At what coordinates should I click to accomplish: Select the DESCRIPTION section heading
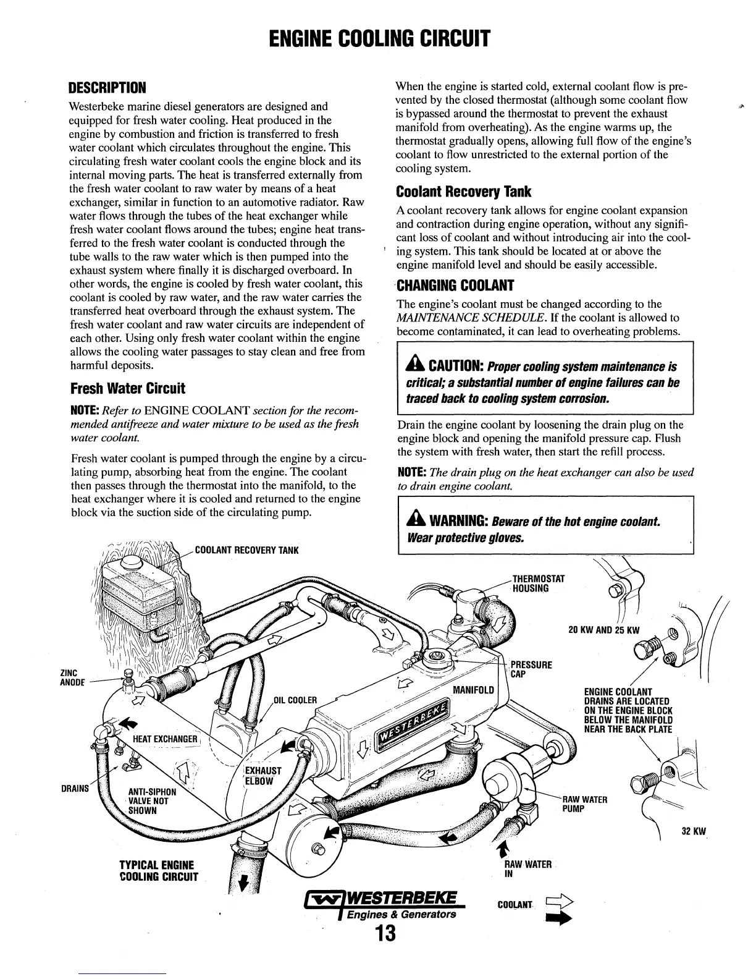tap(107, 87)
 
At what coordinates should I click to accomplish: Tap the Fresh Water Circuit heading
tap(128, 389)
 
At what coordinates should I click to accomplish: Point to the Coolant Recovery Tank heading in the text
tap(463, 192)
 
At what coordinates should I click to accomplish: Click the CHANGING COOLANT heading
tap(455, 286)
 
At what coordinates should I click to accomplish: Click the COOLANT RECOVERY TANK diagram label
tap(246, 550)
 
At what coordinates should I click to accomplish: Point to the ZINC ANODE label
tap(67, 677)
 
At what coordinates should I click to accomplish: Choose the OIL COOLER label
tap(295, 700)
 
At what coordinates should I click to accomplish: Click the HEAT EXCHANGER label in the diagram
tap(165, 739)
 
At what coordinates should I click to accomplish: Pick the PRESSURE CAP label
tap(531, 669)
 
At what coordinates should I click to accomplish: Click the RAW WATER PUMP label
tap(584, 803)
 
